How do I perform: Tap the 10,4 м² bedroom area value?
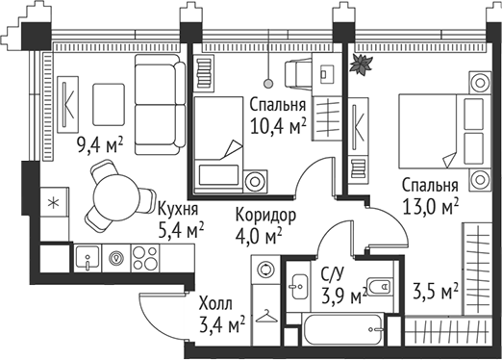[277, 125]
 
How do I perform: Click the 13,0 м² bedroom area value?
[428, 205]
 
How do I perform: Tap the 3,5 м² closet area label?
[434, 290]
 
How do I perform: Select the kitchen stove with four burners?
[144, 257]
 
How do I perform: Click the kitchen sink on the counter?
[89, 257]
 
